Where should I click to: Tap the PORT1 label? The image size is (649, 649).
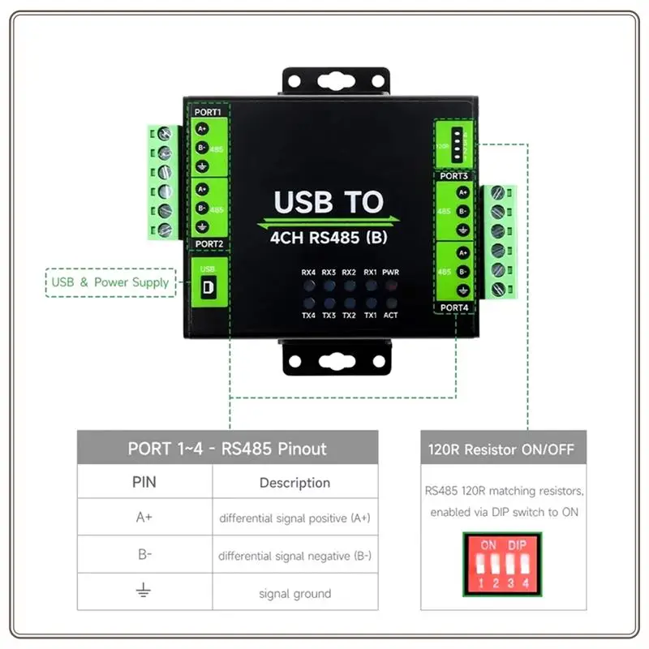click(208, 112)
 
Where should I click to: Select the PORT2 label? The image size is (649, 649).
click(208, 243)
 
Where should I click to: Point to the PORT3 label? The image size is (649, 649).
click(454, 175)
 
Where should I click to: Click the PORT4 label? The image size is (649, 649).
click(454, 307)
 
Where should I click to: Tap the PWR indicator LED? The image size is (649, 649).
click(391, 286)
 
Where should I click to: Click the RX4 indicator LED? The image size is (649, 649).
click(308, 286)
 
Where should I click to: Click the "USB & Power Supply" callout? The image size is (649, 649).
click(110, 282)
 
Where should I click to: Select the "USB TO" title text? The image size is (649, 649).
click(329, 202)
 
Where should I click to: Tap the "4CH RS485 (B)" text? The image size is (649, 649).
click(329, 239)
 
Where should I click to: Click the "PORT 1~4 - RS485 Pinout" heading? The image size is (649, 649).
click(227, 449)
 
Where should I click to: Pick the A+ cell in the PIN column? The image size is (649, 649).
click(144, 517)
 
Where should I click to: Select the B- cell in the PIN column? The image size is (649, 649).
click(144, 555)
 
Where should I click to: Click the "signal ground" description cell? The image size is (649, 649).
click(294, 593)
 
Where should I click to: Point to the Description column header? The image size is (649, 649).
click(294, 483)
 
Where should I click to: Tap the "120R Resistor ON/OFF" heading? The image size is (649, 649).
click(503, 449)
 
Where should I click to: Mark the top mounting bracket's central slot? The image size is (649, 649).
click(335, 81)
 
